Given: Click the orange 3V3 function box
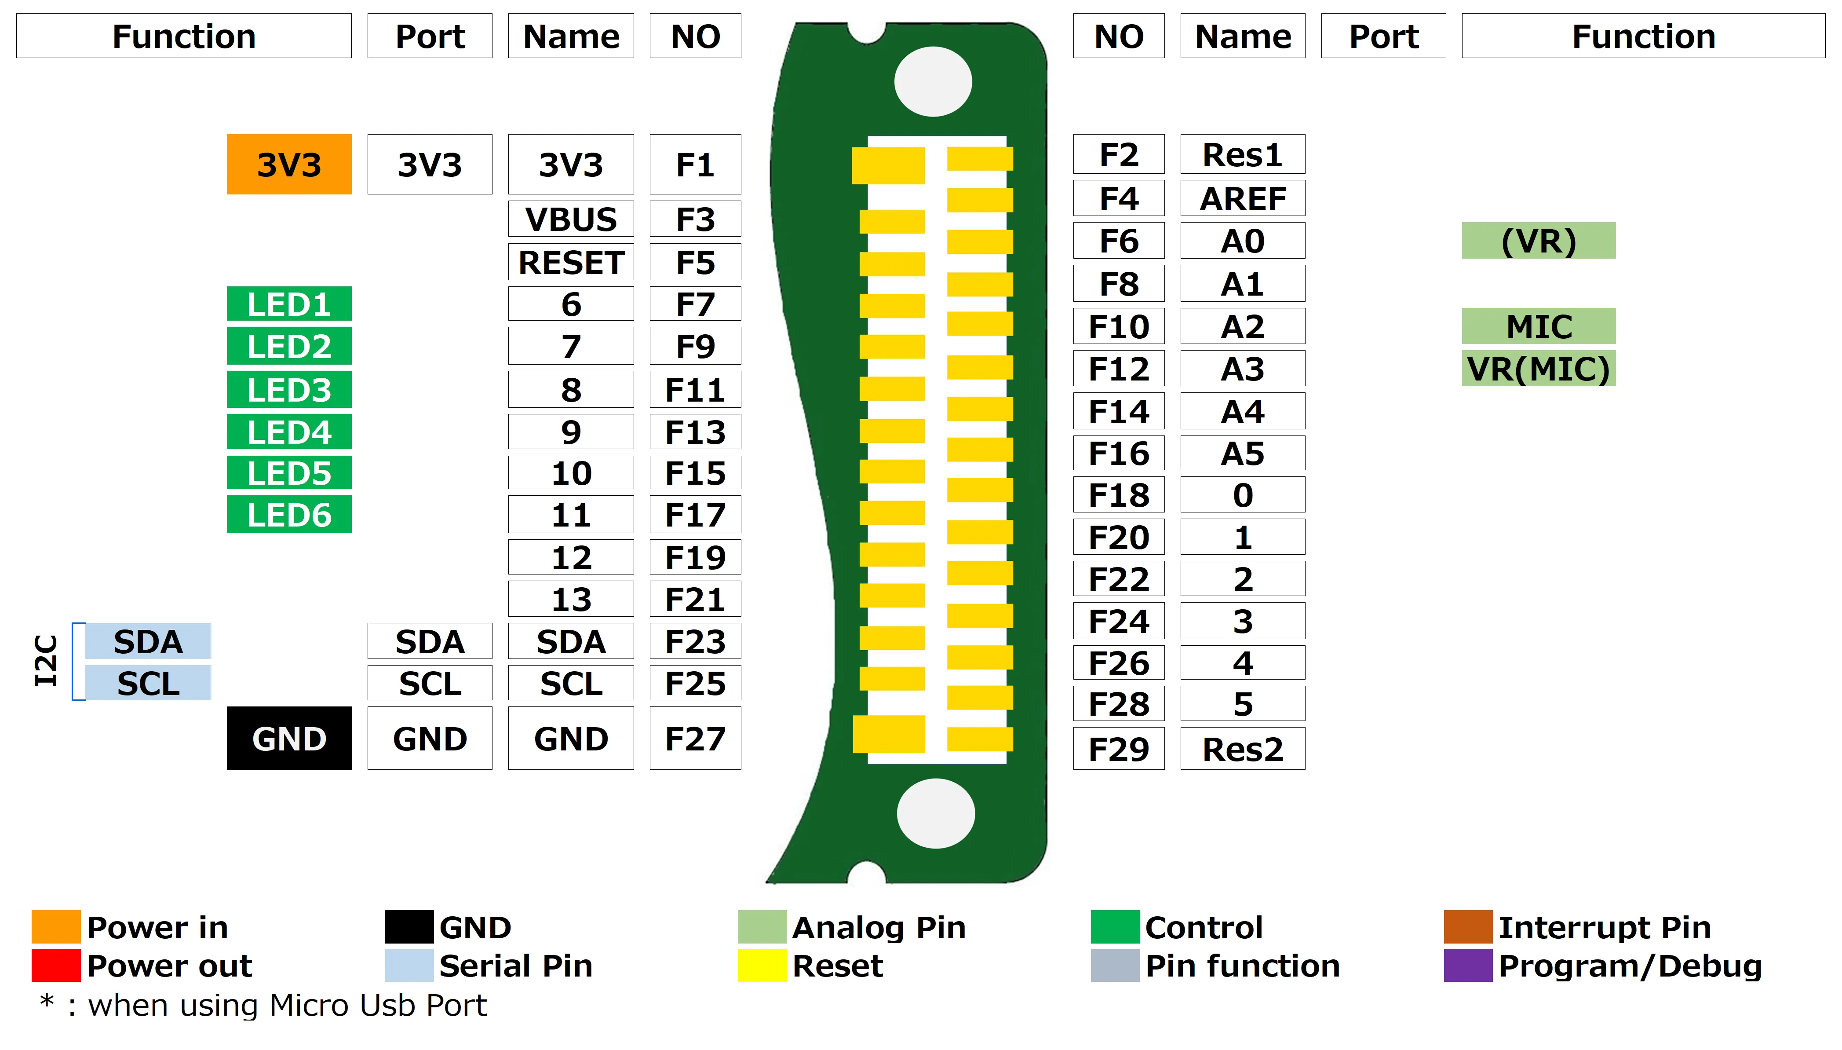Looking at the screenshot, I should point(289,165).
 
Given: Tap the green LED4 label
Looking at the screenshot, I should point(289,432).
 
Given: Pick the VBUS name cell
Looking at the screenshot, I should point(571,219).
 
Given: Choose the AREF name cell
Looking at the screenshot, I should point(1242,198).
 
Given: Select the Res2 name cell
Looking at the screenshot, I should point(1242,749).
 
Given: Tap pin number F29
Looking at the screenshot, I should point(1119,749).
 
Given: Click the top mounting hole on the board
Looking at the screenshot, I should point(933,81).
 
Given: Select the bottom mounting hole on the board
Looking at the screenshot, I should point(935,813).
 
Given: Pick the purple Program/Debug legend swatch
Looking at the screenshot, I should point(1467,965).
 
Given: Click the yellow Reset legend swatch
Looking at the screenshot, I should point(762,965).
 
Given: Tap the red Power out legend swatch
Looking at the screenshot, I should point(55,965).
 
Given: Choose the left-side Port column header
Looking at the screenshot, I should point(430,36).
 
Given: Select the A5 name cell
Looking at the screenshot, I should point(1242,453).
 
